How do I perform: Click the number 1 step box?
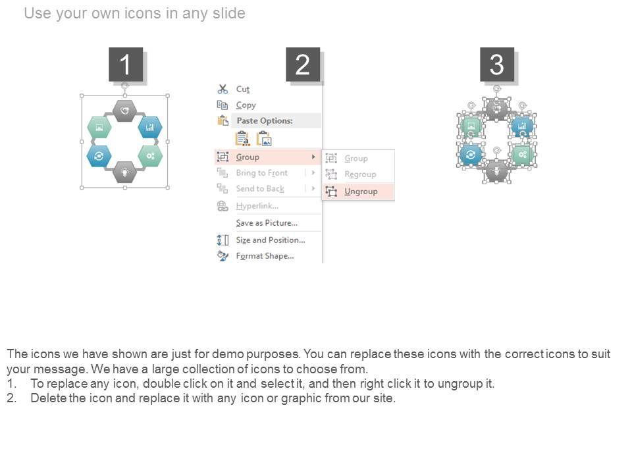[x=126, y=65]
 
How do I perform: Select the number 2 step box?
[x=303, y=65]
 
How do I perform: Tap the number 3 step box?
[x=497, y=65]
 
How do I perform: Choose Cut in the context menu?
[x=243, y=89]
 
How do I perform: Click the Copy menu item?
[x=246, y=105]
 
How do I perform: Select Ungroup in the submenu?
[x=361, y=192]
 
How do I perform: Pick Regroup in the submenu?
[x=360, y=174]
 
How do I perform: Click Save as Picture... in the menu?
[x=267, y=223]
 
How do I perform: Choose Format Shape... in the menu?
[x=265, y=256]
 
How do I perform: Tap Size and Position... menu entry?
[x=271, y=240]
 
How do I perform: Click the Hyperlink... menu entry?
[x=257, y=206]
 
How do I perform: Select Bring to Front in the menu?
[x=261, y=173]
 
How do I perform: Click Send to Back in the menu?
[x=260, y=189]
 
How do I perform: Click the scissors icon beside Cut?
[x=223, y=89]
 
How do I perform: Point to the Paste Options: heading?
[x=265, y=120]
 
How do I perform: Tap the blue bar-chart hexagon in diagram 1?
[x=150, y=127]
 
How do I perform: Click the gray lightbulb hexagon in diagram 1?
[x=124, y=172]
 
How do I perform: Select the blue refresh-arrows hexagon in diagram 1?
[x=99, y=156]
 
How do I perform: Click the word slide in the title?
[x=229, y=13]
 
